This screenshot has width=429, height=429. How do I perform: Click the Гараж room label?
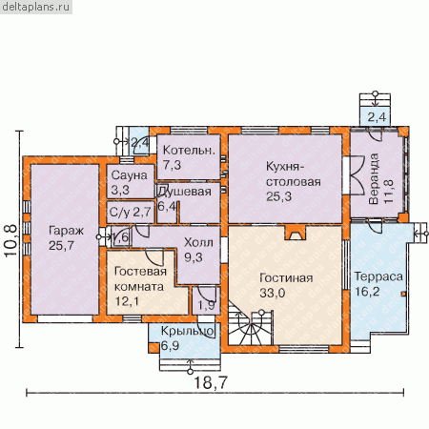tap(66, 231)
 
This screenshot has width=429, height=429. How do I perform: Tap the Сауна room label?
tap(130, 175)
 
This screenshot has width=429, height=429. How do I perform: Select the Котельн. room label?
tap(189, 151)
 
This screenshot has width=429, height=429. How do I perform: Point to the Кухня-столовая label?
tap(294, 174)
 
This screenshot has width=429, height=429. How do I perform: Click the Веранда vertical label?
tap(374, 179)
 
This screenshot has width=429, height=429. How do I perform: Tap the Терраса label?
tap(378, 276)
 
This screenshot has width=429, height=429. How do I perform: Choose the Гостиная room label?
tap(286, 278)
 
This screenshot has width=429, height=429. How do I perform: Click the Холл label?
tap(198, 243)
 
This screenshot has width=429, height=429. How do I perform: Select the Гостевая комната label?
tap(140, 279)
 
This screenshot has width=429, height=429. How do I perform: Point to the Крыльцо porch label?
tap(188, 332)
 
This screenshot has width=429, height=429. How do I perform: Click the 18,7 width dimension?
tap(211, 382)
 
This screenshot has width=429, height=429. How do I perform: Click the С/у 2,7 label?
tap(130, 212)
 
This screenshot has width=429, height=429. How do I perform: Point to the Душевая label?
tap(185, 192)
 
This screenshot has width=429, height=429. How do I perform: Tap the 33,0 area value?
tap(273, 293)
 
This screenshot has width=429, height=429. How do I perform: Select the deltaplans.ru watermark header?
tap(35, 7)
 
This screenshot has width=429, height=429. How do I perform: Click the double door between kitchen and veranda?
tap(357, 174)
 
